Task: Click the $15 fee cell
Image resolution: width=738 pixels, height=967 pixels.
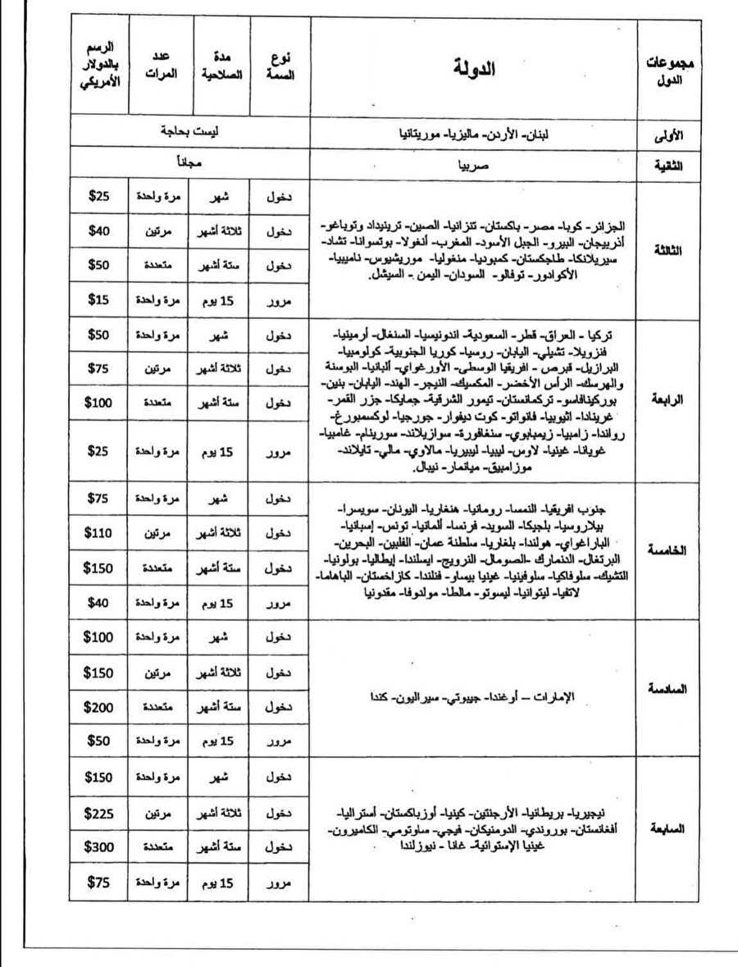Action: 98,300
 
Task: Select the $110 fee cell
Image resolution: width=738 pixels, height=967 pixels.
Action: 98,532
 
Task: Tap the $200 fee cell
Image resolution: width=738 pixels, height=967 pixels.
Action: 98,707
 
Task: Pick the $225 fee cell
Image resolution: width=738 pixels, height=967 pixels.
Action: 98,814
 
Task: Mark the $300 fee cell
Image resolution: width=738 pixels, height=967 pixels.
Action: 98,847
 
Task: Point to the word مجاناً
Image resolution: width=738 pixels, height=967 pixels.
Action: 189,164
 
